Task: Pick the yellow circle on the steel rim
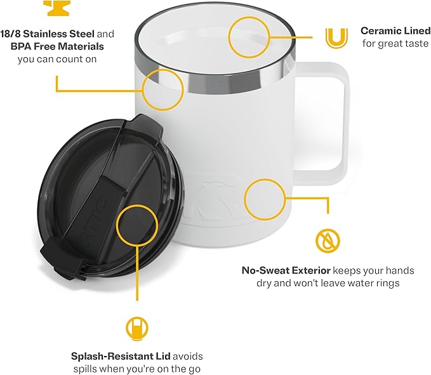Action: pyautogui.click(x=162, y=89)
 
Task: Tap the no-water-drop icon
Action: pyautogui.click(x=328, y=239)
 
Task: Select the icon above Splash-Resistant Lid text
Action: pyautogui.click(x=136, y=328)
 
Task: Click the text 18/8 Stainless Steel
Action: pyautogui.click(x=48, y=34)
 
